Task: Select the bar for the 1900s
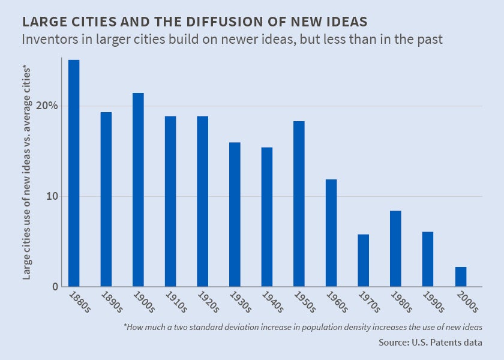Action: click(x=138, y=190)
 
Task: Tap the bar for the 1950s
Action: click(x=299, y=203)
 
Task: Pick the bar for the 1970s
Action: click(x=363, y=260)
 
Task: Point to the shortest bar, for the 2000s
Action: click(x=460, y=277)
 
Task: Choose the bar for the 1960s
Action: click(x=331, y=232)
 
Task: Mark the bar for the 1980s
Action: click(x=395, y=248)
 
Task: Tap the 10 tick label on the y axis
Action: click(x=52, y=197)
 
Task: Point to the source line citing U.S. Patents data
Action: click(x=430, y=343)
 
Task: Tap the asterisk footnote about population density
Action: click(x=303, y=327)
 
